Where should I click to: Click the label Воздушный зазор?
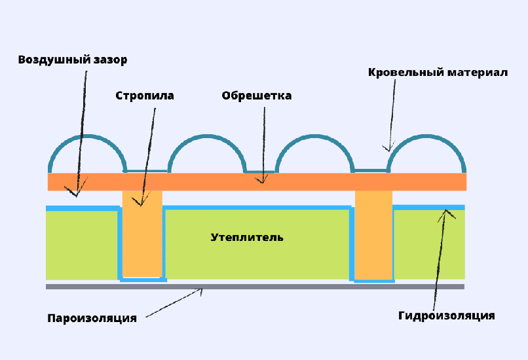[x=72, y=60]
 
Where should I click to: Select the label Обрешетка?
[x=256, y=96]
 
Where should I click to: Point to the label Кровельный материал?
[x=438, y=72]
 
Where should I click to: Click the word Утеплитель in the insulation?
[x=247, y=237]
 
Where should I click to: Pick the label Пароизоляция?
[x=92, y=319]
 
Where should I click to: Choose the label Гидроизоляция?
[x=446, y=316]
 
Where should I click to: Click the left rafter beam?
[x=142, y=236]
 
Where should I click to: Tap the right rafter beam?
[x=373, y=236]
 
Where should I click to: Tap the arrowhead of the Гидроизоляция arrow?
[x=446, y=211]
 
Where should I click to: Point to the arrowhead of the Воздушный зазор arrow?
[x=77, y=194]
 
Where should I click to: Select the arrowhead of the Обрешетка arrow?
[x=263, y=181]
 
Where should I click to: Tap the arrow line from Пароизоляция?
[x=174, y=304]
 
